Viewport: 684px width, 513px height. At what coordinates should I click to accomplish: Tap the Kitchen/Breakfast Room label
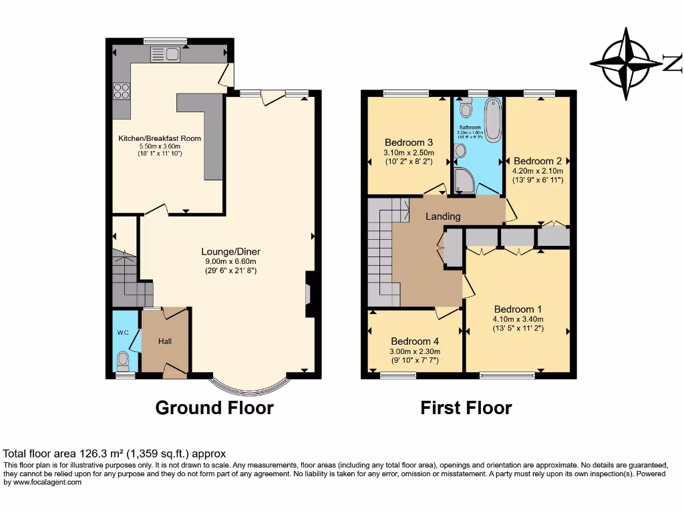point(160,138)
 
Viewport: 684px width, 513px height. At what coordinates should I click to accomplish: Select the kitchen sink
point(166,55)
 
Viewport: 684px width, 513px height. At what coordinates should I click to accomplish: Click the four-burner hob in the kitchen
point(122,90)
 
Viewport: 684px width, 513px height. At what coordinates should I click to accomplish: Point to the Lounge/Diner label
point(230,252)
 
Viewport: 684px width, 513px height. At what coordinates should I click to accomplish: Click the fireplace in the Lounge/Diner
point(308,294)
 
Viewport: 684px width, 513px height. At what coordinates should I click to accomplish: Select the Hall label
point(165,341)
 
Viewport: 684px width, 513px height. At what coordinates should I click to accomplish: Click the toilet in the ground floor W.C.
point(123,361)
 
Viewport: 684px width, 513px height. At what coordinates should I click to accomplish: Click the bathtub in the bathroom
point(492,120)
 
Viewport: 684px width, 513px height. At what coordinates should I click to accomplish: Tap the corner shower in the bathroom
point(462,178)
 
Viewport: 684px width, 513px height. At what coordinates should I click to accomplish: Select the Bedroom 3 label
point(409,142)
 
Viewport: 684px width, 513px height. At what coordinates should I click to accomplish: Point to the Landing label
point(443,216)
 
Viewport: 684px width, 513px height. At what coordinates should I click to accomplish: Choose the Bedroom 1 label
point(518,309)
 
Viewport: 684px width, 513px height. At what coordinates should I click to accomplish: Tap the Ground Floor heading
point(214,407)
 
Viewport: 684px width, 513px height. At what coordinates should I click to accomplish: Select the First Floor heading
point(466,407)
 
